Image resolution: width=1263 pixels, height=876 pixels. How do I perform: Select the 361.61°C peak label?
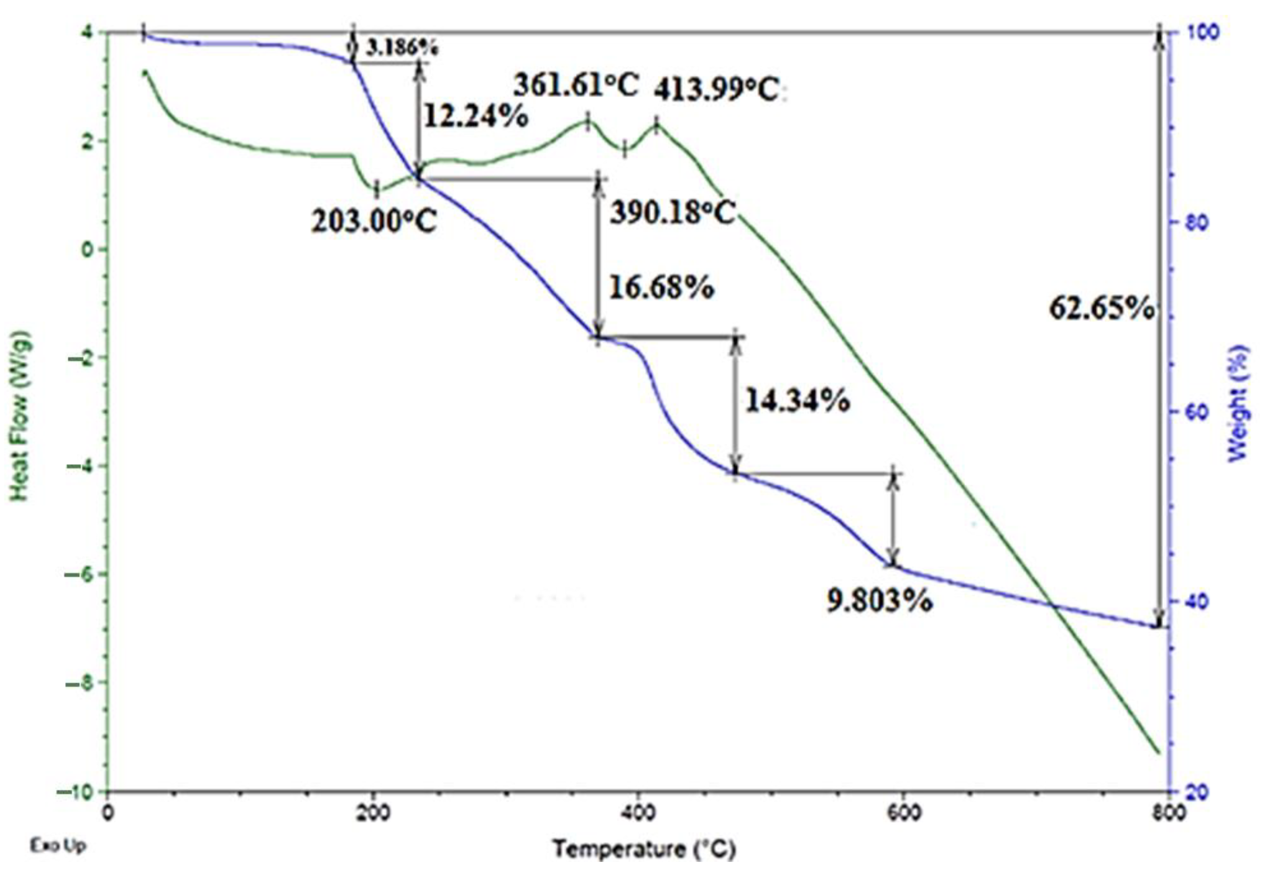tap(576, 85)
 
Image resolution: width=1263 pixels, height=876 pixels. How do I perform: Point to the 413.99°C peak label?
tap(716, 90)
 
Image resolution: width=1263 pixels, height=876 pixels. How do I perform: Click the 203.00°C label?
tap(375, 222)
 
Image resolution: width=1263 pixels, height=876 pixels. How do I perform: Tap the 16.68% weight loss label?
tap(661, 287)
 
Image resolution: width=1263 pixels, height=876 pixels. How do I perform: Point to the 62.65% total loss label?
tap(1101, 308)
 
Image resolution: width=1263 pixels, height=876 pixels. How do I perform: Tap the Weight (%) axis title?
tap(1238, 403)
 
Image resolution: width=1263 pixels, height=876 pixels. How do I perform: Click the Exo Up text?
tap(58, 846)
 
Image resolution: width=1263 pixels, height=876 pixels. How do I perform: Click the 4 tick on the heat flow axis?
tap(88, 32)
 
